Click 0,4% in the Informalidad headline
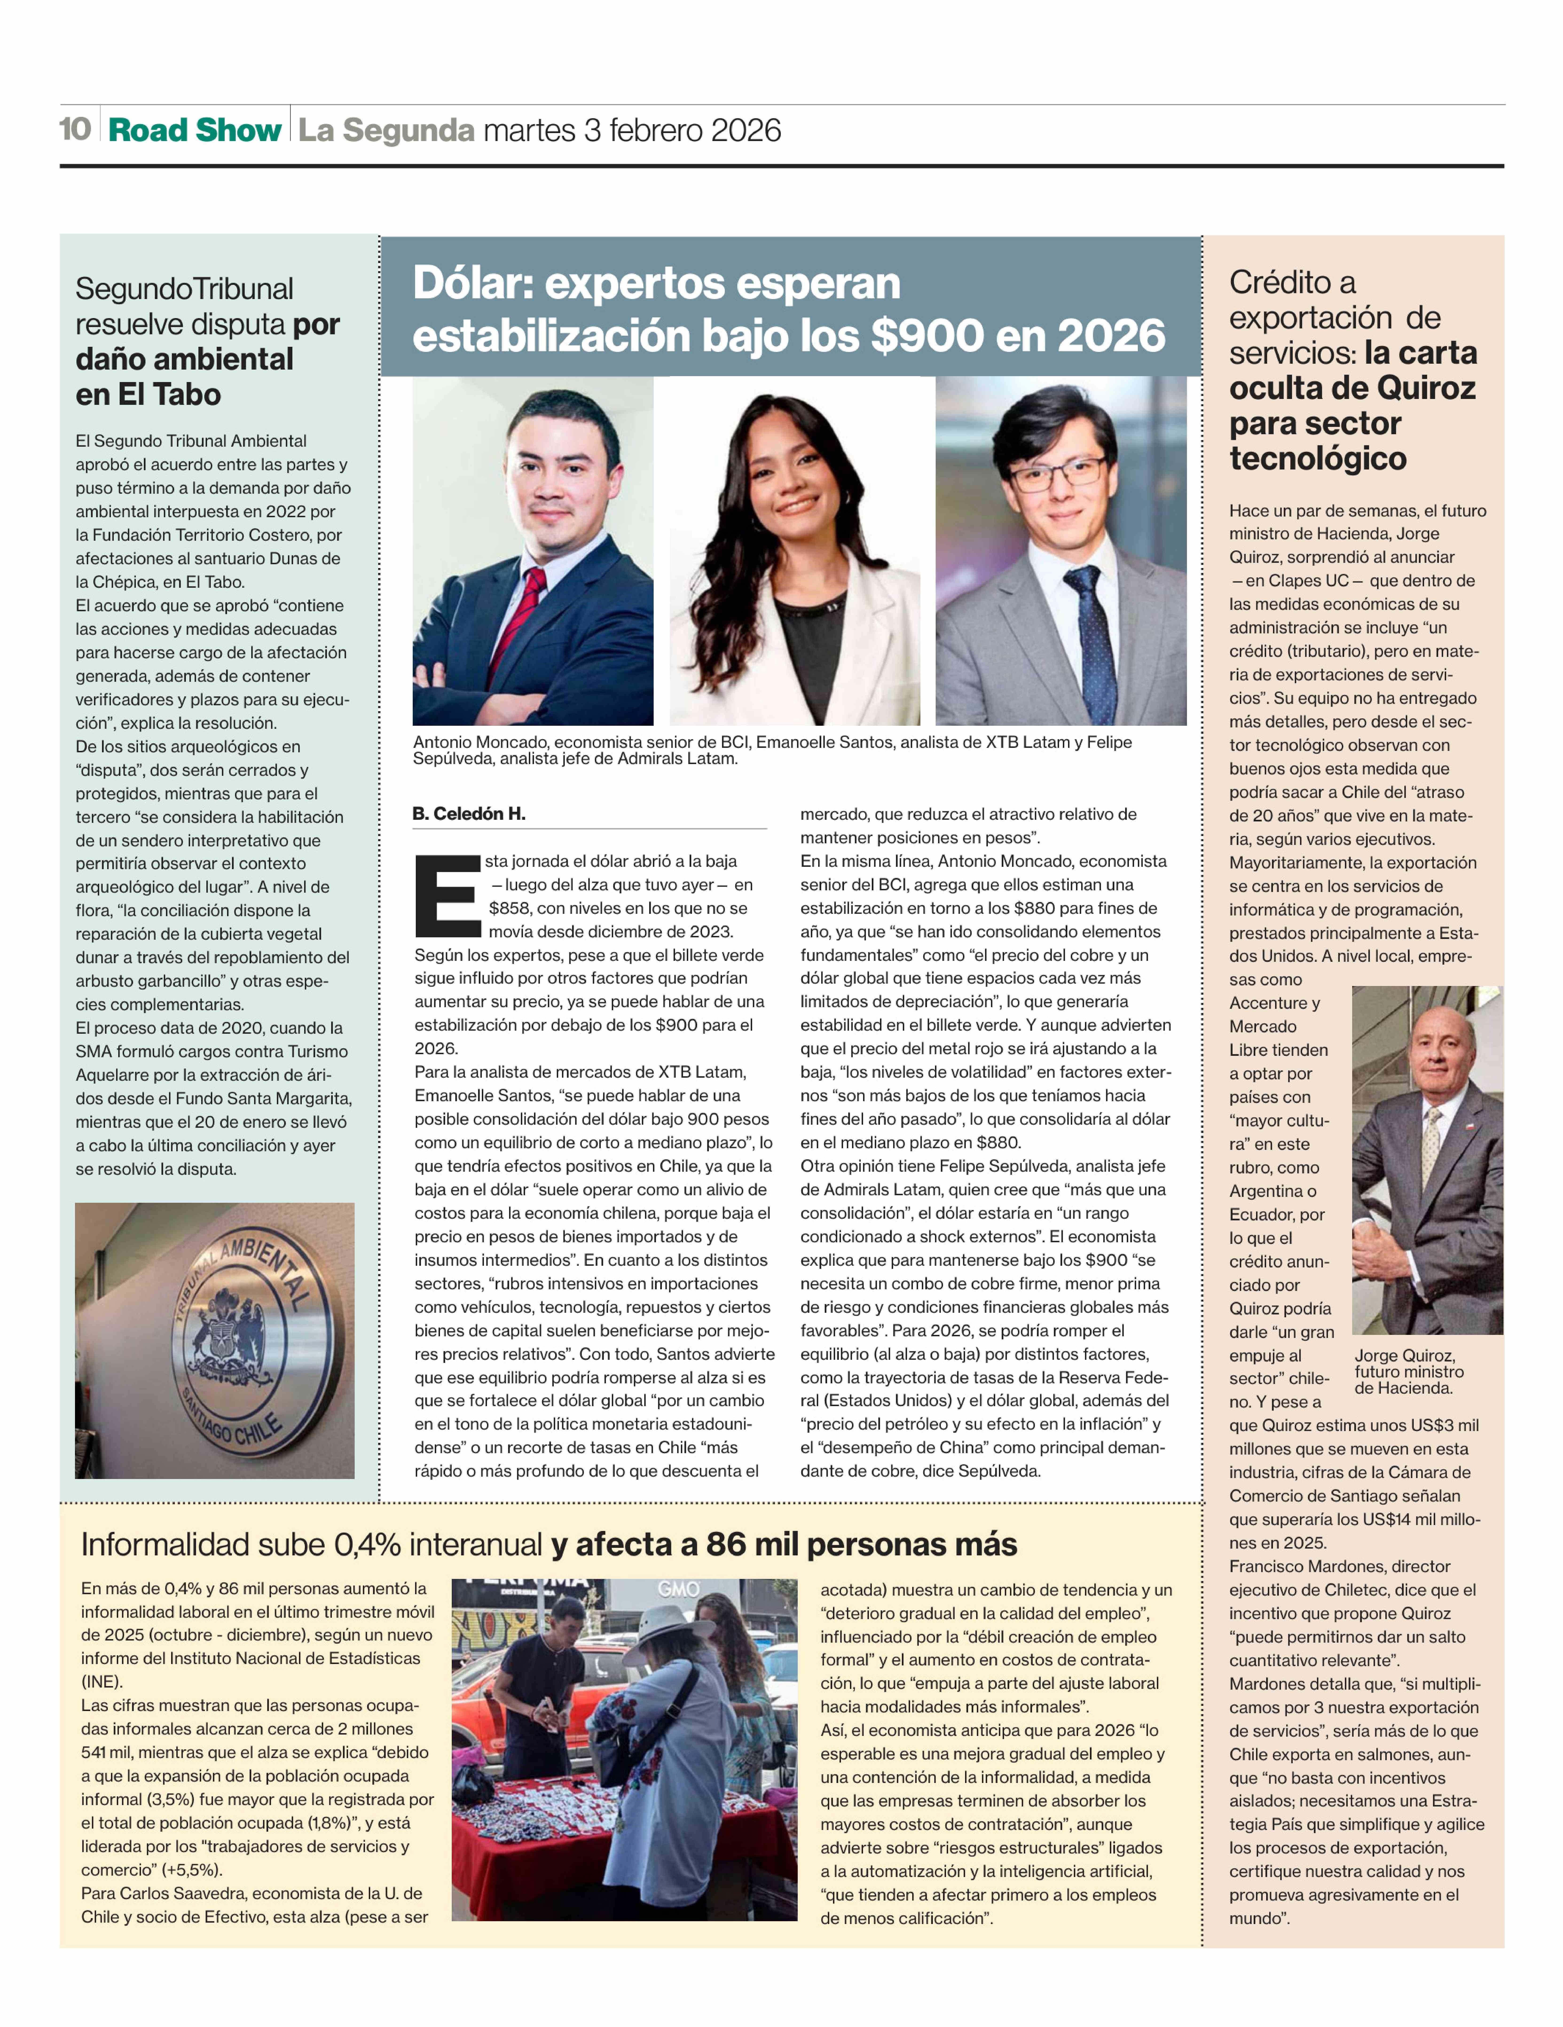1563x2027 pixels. click(367, 1545)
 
